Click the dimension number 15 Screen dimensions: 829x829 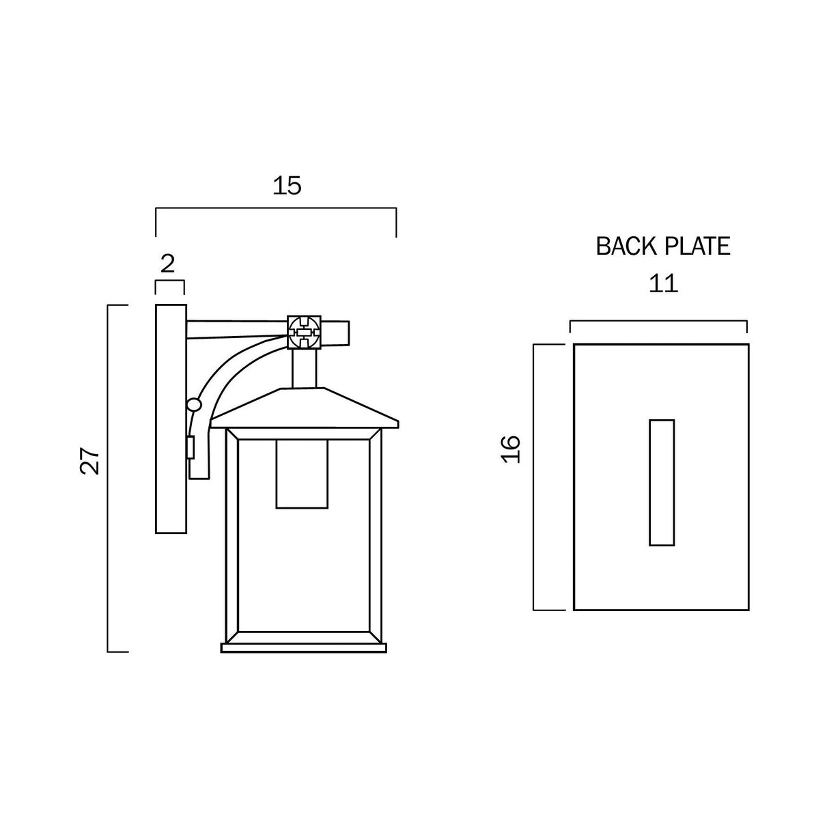(287, 185)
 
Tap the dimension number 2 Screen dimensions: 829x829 (168, 264)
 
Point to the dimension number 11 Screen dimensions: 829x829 (663, 283)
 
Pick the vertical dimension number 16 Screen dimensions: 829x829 (511, 449)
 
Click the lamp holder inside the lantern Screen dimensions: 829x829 (302, 474)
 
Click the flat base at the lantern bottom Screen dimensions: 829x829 (304, 647)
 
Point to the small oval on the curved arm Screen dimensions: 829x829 (195, 405)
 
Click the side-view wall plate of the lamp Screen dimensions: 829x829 (171, 419)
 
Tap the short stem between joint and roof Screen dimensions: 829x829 (305, 369)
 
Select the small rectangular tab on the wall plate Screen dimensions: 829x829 (191, 448)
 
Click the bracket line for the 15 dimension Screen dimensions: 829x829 (276, 208)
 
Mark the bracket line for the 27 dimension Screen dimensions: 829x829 (109, 478)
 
